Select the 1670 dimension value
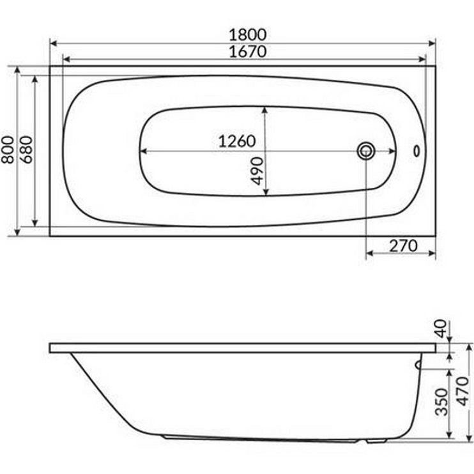tap(242, 52)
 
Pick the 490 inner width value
tap(257, 170)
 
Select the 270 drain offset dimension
tap(402, 245)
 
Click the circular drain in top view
tap(367, 151)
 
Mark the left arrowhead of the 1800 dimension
tap(53, 43)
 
